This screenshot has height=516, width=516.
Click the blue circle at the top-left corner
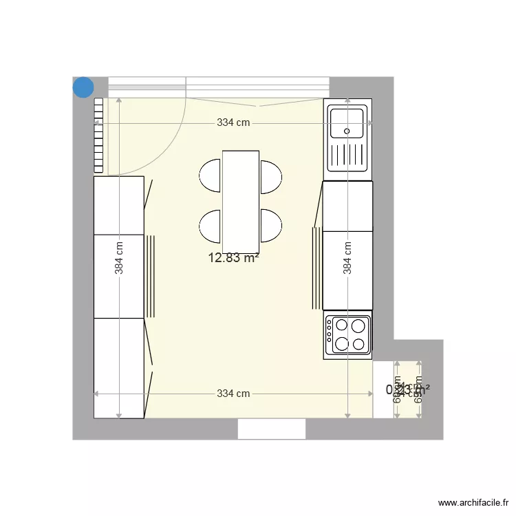tap(83, 87)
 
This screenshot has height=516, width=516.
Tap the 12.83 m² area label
tap(233, 258)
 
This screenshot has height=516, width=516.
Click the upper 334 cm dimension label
tap(233, 123)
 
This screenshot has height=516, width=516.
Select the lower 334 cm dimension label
tap(233, 394)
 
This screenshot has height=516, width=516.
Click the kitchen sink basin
tap(347, 123)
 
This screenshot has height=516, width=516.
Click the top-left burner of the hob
tap(340, 325)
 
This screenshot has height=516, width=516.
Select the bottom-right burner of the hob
tap(358, 344)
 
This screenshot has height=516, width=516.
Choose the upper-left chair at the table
tap(211, 176)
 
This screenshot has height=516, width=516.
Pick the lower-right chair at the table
tap(271, 226)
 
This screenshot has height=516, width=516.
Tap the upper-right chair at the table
tap(271, 176)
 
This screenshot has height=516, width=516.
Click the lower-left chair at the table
tap(211, 226)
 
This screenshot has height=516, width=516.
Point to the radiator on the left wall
tap(98, 135)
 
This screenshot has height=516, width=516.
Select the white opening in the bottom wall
tap(272, 429)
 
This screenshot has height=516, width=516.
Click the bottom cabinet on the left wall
tap(119, 367)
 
